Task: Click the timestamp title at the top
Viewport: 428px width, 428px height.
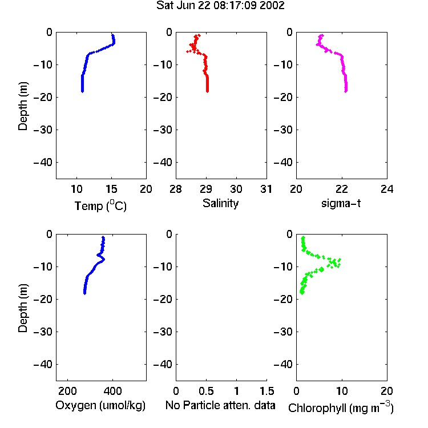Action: tap(220, 6)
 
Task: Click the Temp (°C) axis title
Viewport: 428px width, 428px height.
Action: tap(100, 205)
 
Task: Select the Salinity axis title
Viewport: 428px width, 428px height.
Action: tap(220, 203)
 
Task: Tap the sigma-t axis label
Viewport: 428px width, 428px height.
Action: tap(341, 203)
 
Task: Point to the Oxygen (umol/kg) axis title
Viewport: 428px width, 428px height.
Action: tap(100, 406)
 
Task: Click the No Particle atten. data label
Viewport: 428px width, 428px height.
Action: tap(220, 405)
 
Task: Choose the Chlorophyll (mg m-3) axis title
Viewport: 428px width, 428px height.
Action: tap(341, 407)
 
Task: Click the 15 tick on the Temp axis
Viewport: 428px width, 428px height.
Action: tap(111, 189)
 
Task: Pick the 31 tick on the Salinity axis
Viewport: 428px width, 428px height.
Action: tap(266, 189)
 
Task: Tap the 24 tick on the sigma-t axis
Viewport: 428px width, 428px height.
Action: tap(387, 189)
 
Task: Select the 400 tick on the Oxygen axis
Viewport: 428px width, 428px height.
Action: tap(112, 391)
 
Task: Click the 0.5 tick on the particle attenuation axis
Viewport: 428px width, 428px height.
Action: tap(206, 391)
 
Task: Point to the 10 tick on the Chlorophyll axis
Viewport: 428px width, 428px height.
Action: tap(342, 391)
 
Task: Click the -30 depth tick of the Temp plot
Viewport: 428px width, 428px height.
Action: tap(43, 130)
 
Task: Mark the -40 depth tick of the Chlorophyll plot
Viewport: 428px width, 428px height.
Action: tap(283, 364)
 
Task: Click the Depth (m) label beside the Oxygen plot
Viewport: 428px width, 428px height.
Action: tap(23, 308)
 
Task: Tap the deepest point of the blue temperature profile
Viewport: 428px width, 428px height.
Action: tap(82, 91)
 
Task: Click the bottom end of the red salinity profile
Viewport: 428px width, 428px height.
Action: tap(208, 91)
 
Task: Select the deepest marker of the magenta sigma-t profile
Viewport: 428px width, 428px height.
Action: tap(346, 91)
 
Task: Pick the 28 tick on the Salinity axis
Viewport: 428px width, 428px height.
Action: tap(176, 189)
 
